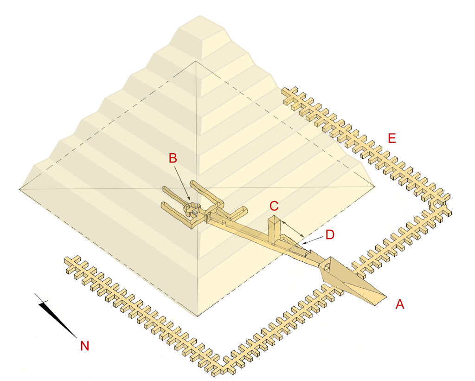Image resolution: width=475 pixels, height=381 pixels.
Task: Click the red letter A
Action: (399, 304)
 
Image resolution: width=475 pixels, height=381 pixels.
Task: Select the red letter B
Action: (173, 158)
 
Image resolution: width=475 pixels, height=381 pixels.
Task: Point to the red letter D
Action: (330, 235)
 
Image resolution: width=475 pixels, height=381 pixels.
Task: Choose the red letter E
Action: (392, 138)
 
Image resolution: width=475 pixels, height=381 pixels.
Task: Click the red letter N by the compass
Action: (84, 346)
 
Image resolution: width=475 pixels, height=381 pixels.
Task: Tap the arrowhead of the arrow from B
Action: (189, 200)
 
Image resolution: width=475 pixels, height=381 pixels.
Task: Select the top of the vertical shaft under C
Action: (274, 219)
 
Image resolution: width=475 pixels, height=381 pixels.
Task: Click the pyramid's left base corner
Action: (19, 189)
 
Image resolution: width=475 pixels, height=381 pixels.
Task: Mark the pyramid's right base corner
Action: (375, 187)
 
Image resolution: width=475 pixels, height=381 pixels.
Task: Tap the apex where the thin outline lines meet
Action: (197, 61)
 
